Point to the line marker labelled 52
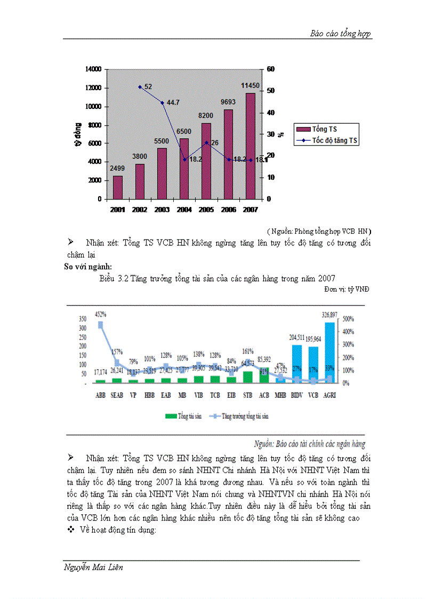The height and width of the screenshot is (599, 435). click(140, 86)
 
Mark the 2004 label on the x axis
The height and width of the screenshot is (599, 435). click(184, 210)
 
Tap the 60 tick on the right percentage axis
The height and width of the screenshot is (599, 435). click(270, 69)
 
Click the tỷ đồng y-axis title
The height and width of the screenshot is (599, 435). click(78, 134)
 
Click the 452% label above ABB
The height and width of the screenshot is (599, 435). click(100, 314)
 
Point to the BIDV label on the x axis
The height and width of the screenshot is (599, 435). click(297, 396)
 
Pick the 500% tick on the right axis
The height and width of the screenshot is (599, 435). click(348, 319)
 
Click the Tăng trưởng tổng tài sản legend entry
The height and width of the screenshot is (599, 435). click(240, 416)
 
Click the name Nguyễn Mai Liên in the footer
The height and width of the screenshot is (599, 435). click(93, 567)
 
